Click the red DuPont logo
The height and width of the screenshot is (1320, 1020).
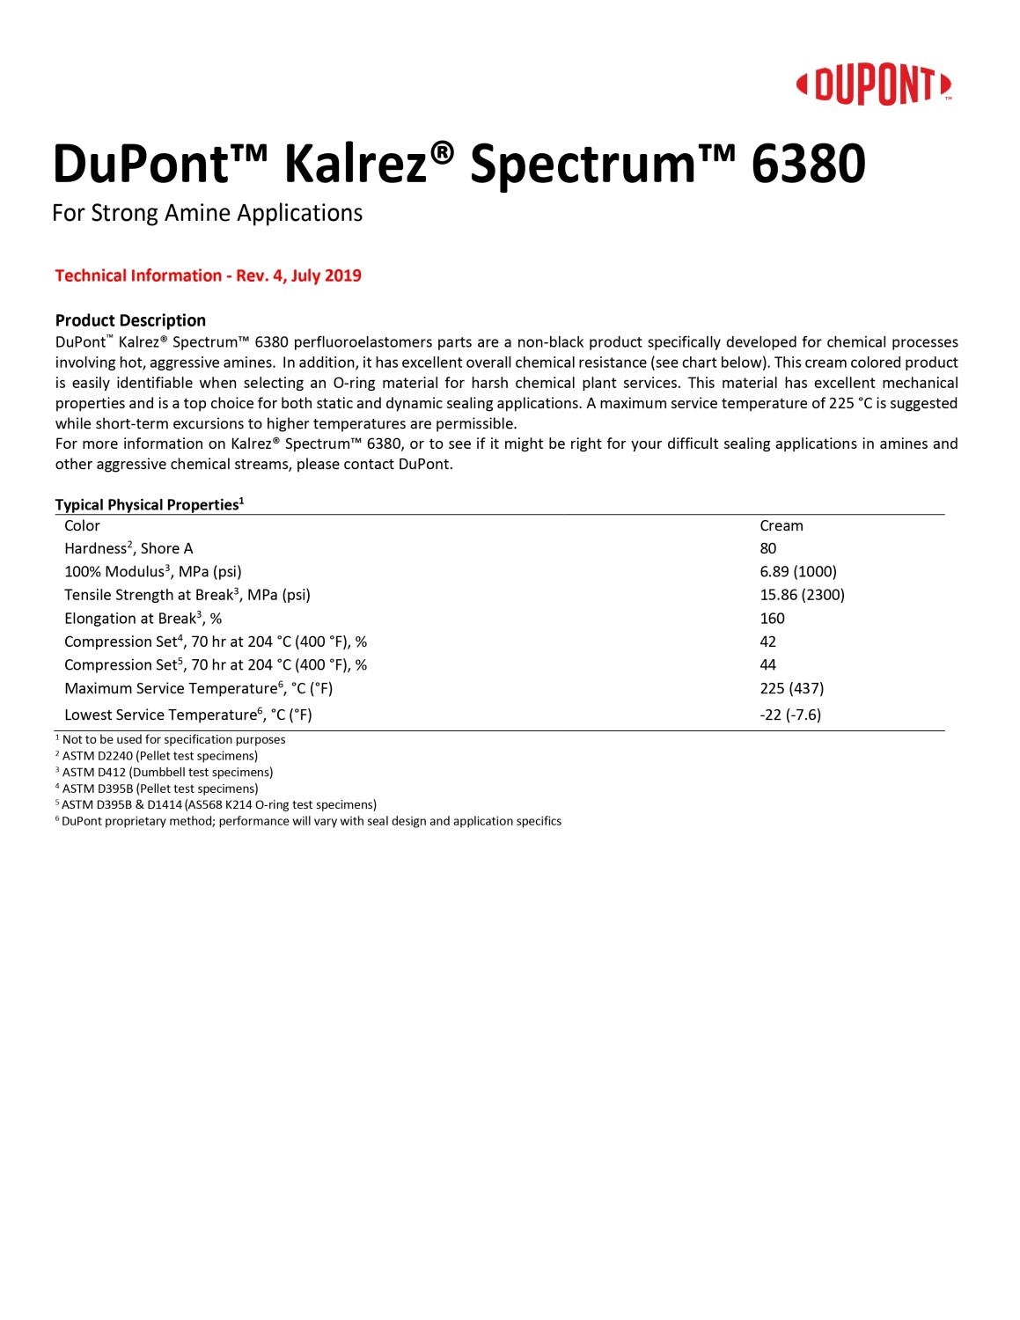coord(873,85)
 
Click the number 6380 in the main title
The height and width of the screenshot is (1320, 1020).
coord(808,165)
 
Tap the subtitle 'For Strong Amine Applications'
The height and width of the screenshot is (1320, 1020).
coord(207,214)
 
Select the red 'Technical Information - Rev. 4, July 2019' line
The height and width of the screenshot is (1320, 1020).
coord(208,275)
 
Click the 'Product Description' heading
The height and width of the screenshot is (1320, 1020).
coord(130,320)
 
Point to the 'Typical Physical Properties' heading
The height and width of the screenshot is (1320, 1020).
coord(149,504)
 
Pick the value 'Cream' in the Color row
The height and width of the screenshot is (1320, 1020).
coord(781,525)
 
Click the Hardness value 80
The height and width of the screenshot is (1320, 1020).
coord(767,548)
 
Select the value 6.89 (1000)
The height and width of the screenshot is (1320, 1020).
coord(797,572)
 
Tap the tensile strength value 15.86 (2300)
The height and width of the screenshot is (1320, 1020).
coord(802,595)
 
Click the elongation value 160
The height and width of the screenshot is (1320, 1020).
coord(772,619)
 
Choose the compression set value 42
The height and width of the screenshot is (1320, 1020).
coord(767,642)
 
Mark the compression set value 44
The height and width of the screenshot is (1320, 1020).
coord(767,665)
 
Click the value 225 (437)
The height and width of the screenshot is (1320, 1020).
coord(791,688)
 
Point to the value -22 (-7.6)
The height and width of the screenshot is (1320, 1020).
coord(789,715)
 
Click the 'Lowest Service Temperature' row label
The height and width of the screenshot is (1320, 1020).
coord(187,715)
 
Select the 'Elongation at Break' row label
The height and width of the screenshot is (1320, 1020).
coord(143,619)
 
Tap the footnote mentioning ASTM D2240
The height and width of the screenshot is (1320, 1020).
coord(158,756)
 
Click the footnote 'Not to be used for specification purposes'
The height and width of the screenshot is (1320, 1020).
coord(172,739)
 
